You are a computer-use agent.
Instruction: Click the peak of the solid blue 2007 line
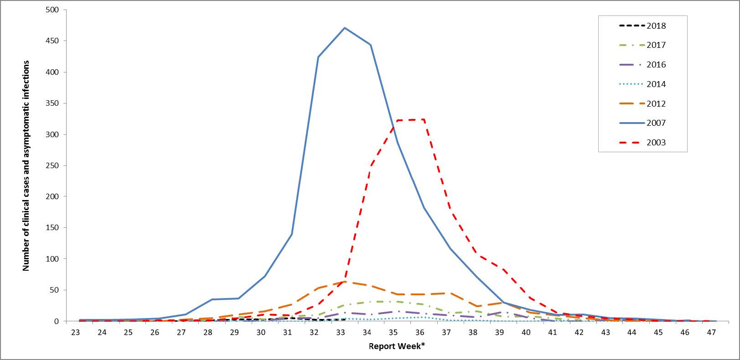point(344,28)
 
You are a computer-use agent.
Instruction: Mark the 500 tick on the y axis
point(54,10)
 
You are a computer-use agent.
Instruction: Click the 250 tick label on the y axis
point(54,165)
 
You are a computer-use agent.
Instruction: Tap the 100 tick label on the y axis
point(54,259)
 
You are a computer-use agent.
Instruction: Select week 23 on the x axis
point(75,333)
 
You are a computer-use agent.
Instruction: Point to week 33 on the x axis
point(340,333)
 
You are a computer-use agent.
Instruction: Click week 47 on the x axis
point(711,333)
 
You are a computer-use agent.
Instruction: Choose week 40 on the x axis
point(526,333)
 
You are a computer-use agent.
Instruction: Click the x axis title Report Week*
point(397,346)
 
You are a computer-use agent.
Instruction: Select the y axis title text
point(26,165)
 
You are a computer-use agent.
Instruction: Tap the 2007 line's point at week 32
point(318,57)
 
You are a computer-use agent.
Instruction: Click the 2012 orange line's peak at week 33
point(344,282)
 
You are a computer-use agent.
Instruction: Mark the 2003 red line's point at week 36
point(424,120)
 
